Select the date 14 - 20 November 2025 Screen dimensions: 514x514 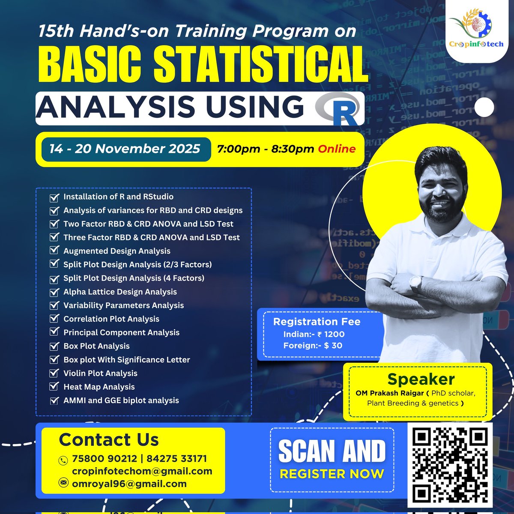(x=125, y=149)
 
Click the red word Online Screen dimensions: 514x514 (x=336, y=149)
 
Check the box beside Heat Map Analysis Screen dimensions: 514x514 (x=54, y=386)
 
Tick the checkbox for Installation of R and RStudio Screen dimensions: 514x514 (x=54, y=197)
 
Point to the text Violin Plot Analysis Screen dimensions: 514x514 (x=100, y=373)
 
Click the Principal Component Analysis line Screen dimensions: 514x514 (x=121, y=332)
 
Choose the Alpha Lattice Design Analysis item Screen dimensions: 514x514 (x=120, y=292)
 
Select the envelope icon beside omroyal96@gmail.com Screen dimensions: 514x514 (x=63, y=483)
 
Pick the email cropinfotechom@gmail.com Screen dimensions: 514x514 (x=142, y=471)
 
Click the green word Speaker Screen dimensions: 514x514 (x=421, y=379)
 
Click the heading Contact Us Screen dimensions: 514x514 (x=109, y=439)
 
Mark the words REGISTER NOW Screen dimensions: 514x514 (x=332, y=474)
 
